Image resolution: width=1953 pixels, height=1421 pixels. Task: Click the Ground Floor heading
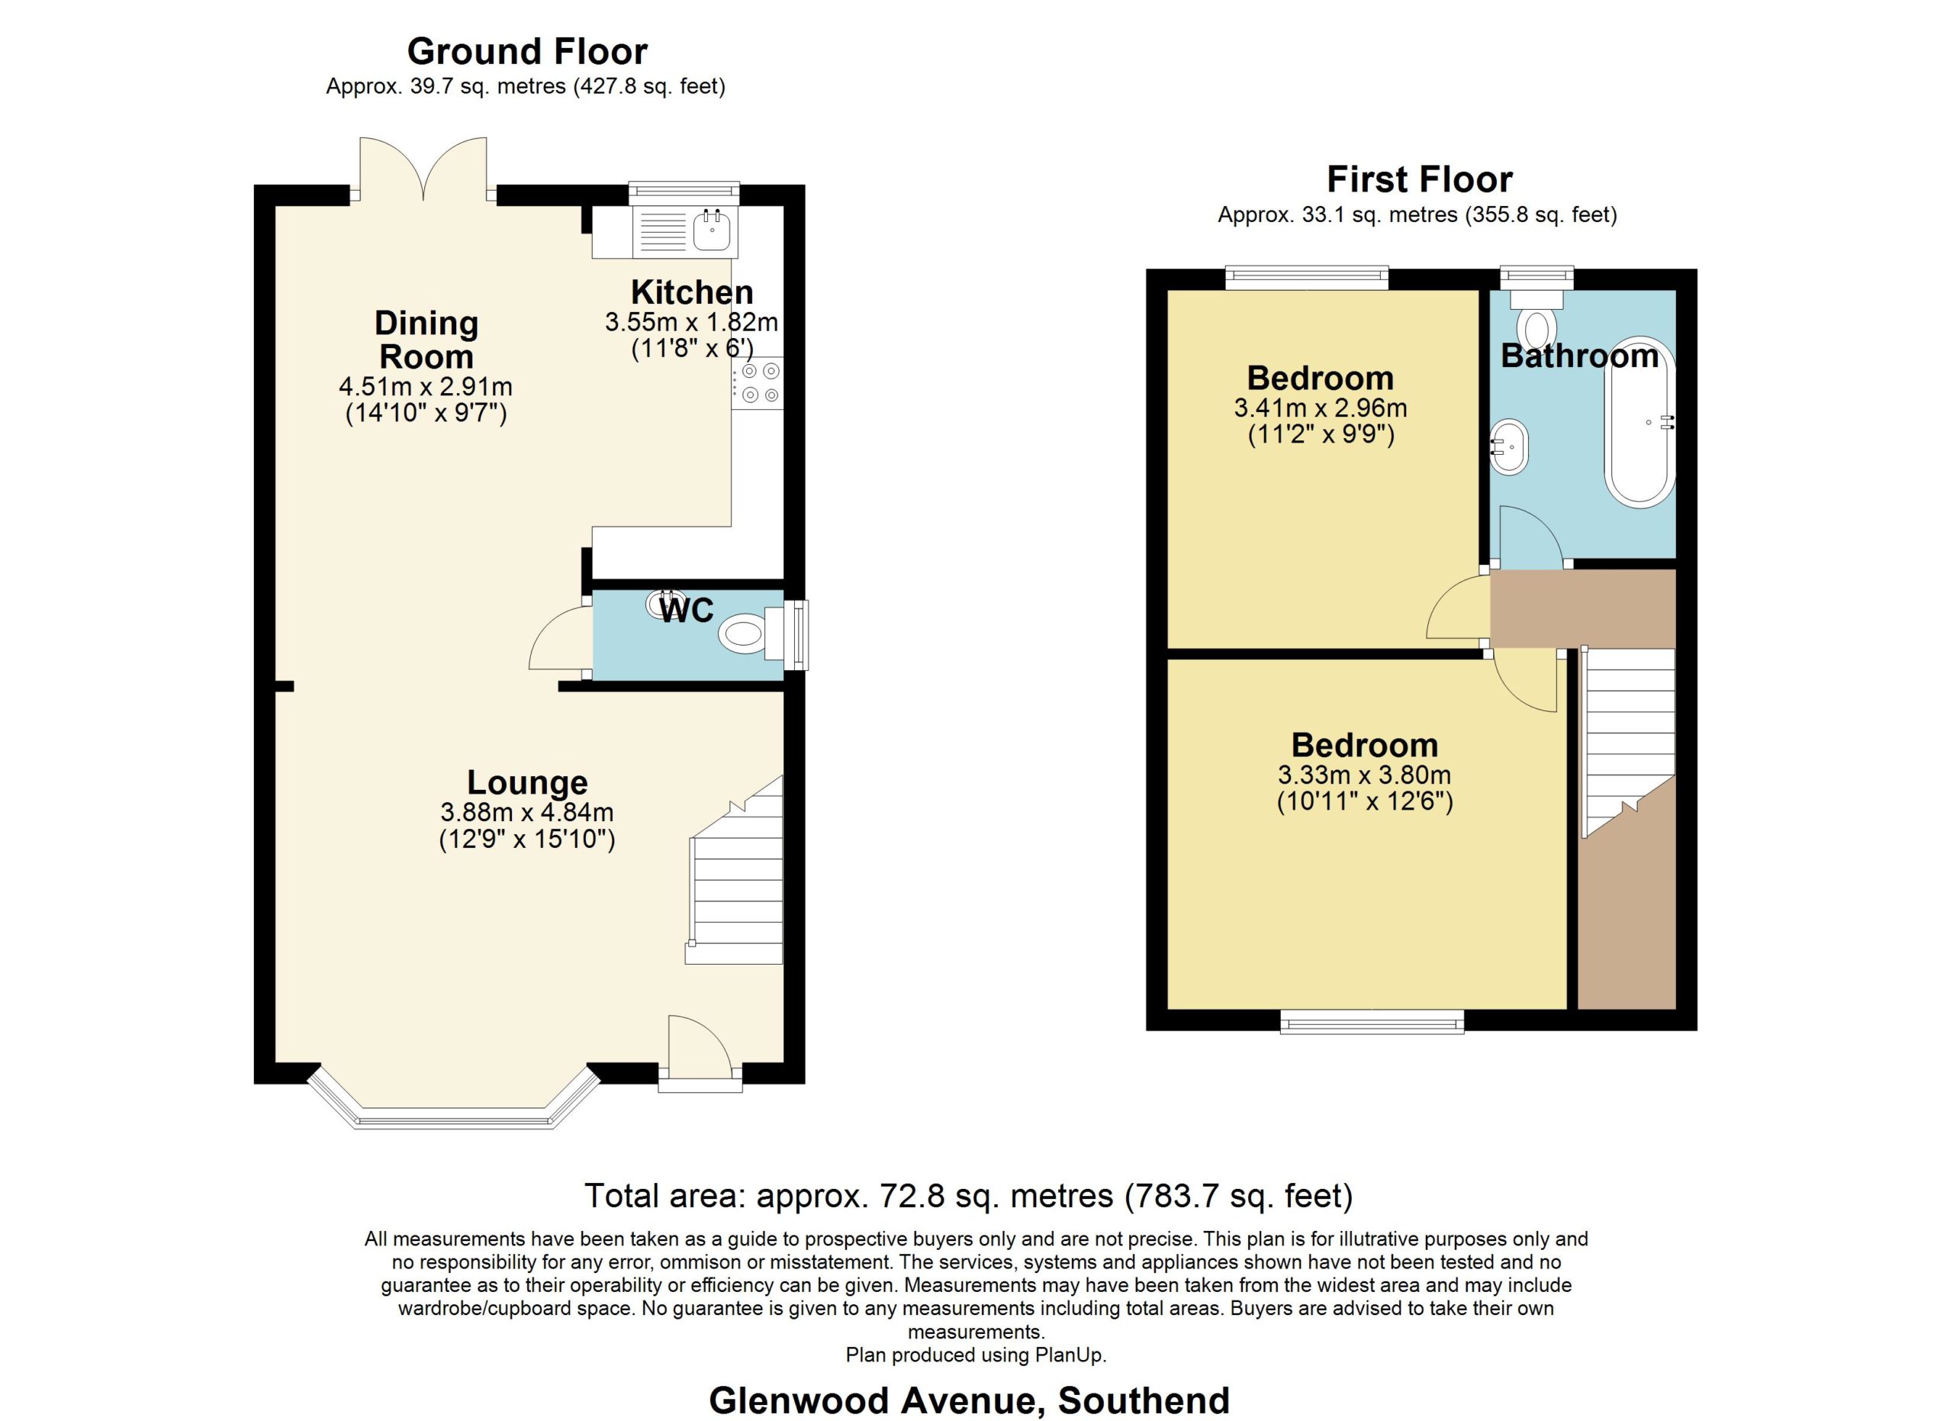coord(527,52)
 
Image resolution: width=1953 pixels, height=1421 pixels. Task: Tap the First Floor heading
coord(1419,180)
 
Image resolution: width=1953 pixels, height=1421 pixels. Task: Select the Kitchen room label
coord(691,292)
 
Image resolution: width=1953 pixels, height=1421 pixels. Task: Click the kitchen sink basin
coord(712,229)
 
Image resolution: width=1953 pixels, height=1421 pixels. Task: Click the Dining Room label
coord(426,340)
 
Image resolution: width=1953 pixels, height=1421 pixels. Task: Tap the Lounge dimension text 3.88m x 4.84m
coord(527,811)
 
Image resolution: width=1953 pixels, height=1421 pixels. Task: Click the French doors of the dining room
coord(423,169)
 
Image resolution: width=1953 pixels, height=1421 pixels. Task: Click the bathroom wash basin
coord(1510,447)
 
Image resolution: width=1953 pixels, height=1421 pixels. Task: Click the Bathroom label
coord(1579,356)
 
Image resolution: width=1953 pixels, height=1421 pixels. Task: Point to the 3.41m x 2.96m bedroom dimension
coord(1321,408)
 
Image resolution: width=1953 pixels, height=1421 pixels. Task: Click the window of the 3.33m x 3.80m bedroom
coord(1372,1021)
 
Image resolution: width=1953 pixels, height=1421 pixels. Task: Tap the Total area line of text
coord(969,1196)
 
